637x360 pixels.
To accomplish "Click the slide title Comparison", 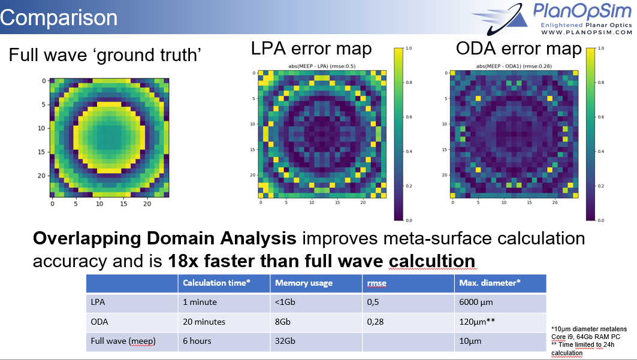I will pyautogui.click(x=59, y=17).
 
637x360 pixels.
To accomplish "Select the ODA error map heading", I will pyautogui.click(x=519, y=48).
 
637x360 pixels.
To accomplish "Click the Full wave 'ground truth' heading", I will pyautogui.click(x=104, y=55).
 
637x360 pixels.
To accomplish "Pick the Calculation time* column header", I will pyautogui.click(x=216, y=283).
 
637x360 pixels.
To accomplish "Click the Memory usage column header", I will pyautogui.click(x=303, y=283).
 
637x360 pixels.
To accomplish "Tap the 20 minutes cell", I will pyautogui.click(x=204, y=322).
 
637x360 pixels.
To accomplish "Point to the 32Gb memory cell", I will pyautogui.click(x=285, y=341).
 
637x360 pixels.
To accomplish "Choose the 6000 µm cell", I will pyautogui.click(x=476, y=302).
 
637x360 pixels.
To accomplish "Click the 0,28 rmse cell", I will pyautogui.click(x=376, y=322).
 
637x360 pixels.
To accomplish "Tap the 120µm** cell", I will pyautogui.click(x=478, y=322).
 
